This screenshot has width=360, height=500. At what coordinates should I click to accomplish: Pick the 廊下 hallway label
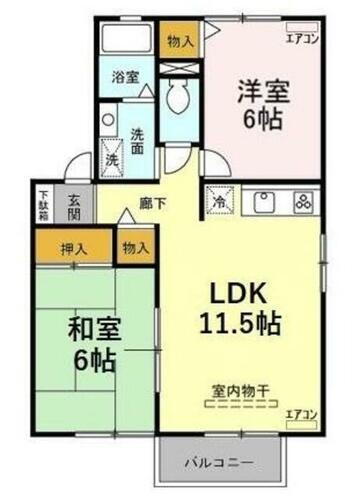tap(152, 204)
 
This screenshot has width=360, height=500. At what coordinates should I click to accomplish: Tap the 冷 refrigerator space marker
tap(217, 200)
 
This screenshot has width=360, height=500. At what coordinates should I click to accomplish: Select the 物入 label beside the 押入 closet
tap(136, 247)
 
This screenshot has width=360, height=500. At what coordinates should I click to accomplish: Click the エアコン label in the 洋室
tap(301, 39)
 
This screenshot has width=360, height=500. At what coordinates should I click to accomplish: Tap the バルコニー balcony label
tap(217, 464)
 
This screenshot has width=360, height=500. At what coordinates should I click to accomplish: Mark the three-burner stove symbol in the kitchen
tap(301, 199)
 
